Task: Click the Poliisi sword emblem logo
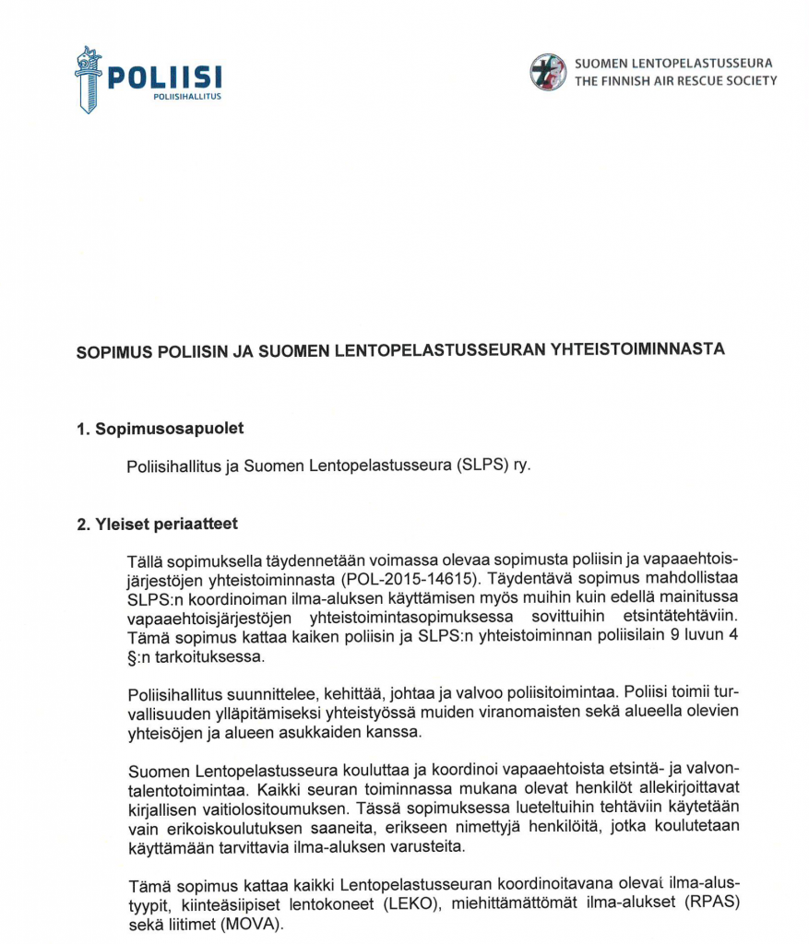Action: (89, 79)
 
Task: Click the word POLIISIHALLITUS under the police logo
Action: (187, 96)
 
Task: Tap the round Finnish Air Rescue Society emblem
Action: (548, 72)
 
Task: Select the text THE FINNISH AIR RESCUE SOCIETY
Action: (675, 81)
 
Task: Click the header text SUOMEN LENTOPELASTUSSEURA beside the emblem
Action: (673, 64)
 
